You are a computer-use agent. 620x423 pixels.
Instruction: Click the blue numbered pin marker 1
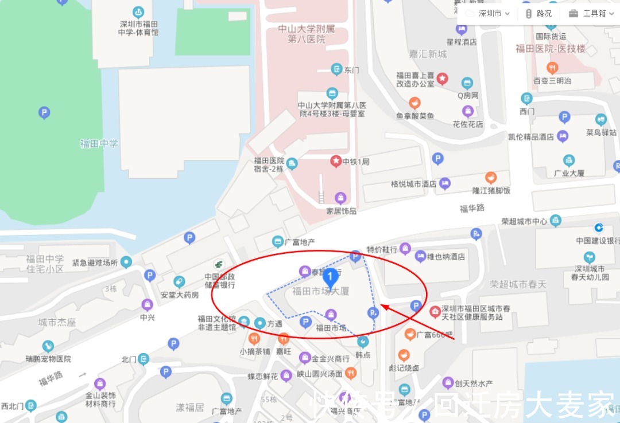pos(330,277)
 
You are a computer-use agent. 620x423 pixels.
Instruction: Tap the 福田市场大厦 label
pos(320,292)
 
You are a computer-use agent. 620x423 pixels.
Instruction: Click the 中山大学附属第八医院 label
pos(306,34)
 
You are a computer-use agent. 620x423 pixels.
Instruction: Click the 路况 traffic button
pos(538,14)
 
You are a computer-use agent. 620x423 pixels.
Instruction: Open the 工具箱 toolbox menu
pos(589,14)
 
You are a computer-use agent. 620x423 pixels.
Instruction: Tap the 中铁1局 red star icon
pos(335,161)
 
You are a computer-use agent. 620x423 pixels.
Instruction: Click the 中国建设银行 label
pos(597,241)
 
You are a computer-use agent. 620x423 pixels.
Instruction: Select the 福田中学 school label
pos(99,143)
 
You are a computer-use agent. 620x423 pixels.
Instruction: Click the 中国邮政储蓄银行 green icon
pos(218,264)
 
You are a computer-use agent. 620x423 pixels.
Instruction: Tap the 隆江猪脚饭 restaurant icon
pos(491,178)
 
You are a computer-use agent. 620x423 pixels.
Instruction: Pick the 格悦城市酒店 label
pos(413,184)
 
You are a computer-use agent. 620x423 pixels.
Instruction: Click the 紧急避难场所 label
pos(95,263)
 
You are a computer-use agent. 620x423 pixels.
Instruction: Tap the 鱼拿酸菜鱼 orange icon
pos(414,103)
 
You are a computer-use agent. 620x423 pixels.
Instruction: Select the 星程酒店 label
pos(462,42)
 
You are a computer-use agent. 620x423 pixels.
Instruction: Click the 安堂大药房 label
pos(180,295)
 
